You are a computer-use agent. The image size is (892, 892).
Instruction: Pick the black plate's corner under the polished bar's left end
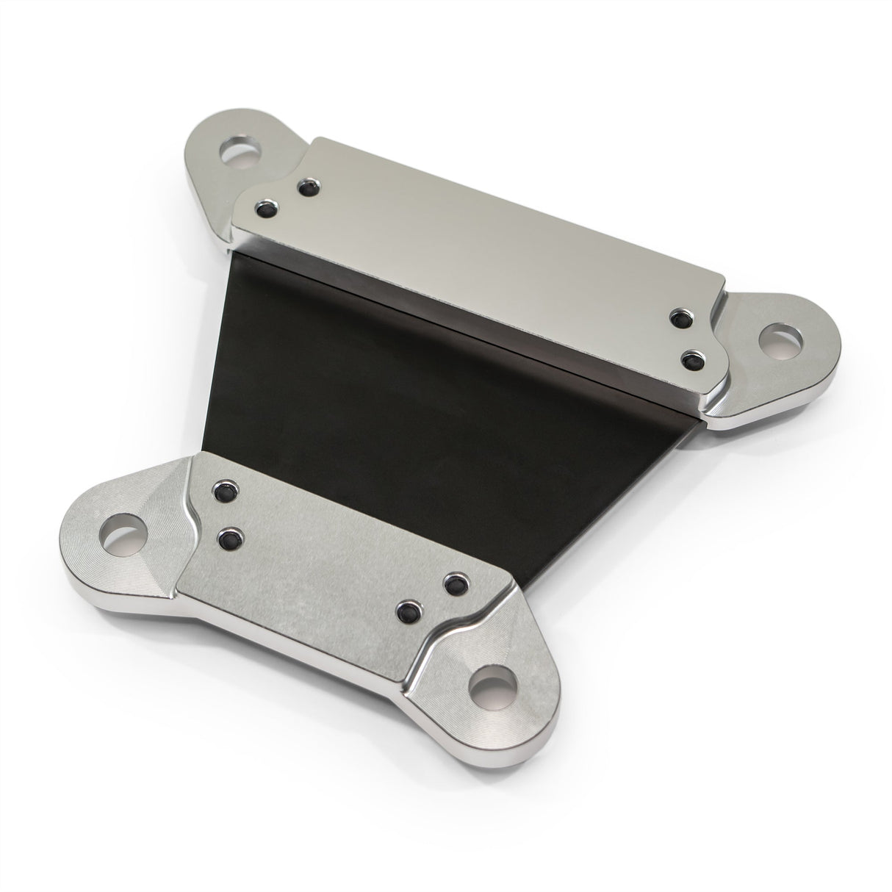pos(237,253)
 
